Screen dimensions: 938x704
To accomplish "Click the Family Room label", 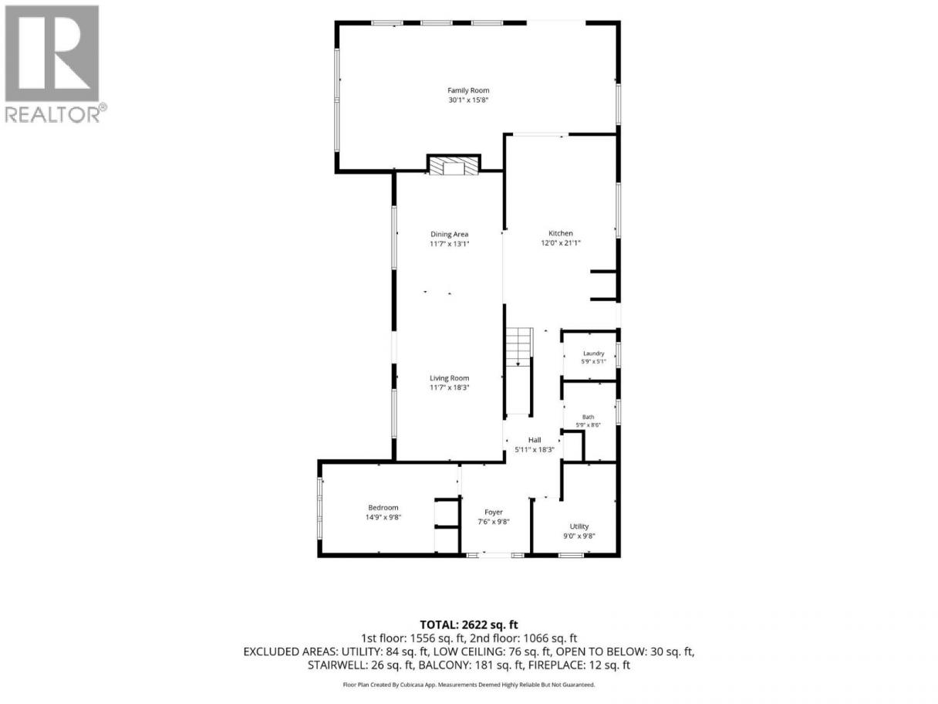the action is [468, 90].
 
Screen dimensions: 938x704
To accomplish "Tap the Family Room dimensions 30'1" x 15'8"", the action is [468, 100].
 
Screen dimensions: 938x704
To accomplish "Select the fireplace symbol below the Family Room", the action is [454, 166].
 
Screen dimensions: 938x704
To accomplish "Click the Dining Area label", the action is [449, 234].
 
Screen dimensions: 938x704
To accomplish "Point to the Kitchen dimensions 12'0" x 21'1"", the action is [561, 243].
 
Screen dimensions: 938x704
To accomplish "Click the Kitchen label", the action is [561, 233].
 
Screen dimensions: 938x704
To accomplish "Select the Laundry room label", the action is [593, 354].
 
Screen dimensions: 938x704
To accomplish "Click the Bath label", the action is [588, 417].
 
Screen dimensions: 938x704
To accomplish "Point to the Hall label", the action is [535, 440].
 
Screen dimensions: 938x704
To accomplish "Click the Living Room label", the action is [449, 378].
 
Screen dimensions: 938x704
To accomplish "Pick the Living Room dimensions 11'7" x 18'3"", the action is [449, 388].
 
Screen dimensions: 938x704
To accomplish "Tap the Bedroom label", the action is [383, 507].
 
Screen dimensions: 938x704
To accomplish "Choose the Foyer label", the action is [494, 512].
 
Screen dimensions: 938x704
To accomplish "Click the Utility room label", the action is [579, 526].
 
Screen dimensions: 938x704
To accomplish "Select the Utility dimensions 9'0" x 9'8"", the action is [579, 536].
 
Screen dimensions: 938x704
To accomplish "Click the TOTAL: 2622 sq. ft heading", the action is [469, 625].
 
